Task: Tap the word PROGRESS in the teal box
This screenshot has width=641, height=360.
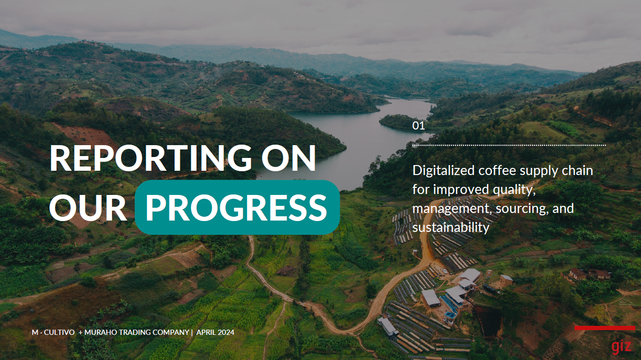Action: point(236,207)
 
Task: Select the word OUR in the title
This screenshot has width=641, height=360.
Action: point(88,207)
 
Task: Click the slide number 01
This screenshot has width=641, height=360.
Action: point(418,126)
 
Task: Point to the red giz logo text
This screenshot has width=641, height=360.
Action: point(621,346)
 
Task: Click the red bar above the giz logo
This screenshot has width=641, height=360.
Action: point(604,328)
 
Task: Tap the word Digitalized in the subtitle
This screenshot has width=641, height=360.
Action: point(444,171)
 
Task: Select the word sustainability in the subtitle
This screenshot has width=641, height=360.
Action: point(451,228)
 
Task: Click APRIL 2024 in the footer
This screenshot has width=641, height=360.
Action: point(215,332)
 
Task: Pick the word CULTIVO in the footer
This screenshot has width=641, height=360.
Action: point(59,332)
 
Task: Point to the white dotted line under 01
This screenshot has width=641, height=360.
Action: point(509,145)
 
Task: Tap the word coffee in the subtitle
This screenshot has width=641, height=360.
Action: point(497,171)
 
